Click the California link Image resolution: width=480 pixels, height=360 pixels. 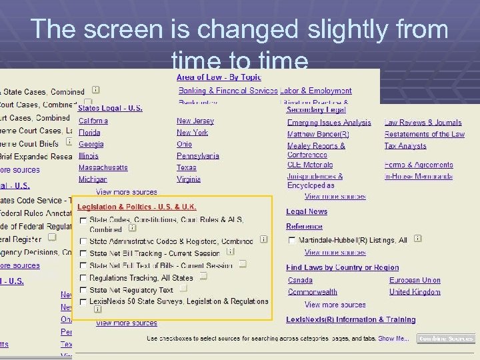click(93, 121)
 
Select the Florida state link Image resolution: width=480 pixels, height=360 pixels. click(89, 133)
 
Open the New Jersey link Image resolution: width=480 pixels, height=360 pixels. click(195, 121)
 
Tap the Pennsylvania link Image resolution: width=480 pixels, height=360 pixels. click(198, 156)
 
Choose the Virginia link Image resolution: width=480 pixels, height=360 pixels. click(189, 179)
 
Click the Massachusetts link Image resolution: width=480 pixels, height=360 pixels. click(103, 167)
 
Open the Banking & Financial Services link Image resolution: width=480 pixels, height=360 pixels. click(227, 91)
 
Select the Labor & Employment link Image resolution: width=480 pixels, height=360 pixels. click(316, 91)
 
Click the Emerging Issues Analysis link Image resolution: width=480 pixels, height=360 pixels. click(329, 123)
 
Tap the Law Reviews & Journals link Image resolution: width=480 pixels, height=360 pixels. click(423, 123)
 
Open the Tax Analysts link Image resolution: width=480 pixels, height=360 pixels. click(405, 146)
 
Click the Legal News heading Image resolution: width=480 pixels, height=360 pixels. click(307, 212)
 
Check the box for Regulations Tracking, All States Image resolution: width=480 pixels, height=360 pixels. click(83, 278)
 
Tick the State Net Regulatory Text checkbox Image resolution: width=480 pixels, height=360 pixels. click(83, 291)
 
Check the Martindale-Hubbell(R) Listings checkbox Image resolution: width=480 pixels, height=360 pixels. click(292, 241)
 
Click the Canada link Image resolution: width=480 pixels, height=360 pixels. click(300, 281)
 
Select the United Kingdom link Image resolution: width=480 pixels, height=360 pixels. click(415, 292)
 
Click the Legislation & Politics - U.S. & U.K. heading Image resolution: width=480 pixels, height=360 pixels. click(137, 207)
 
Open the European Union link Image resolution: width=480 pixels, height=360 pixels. click(415, 281)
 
